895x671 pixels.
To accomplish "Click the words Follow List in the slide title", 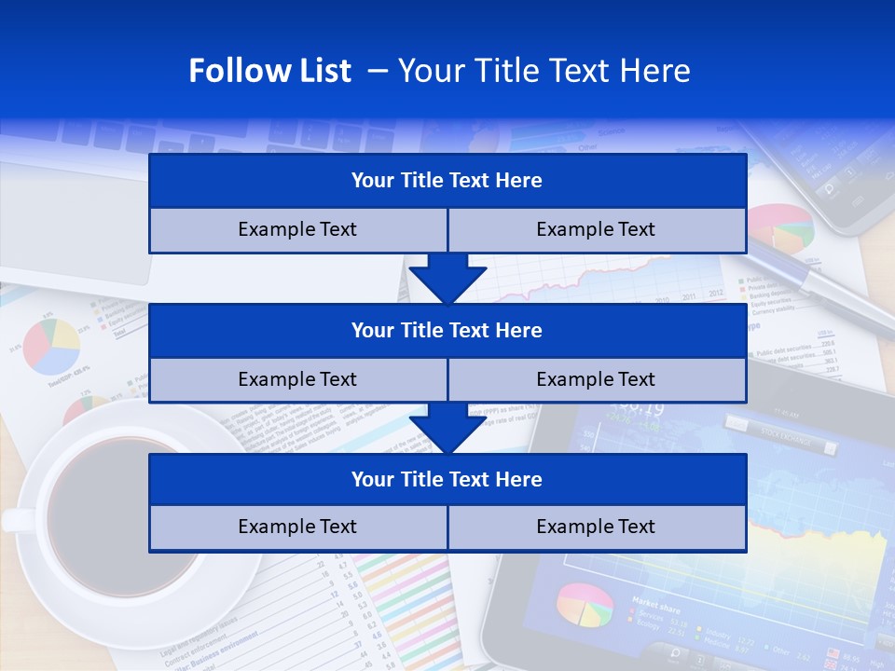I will point(269,71).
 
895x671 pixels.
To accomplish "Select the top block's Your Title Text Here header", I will point(447,181).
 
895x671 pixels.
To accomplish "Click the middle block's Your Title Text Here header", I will point(447,330).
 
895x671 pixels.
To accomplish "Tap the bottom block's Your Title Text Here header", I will point(447,479).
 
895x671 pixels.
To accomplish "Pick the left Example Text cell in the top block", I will point(297,229).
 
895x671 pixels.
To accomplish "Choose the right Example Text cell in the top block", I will point(596,229).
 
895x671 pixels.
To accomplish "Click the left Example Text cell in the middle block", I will point(297,379).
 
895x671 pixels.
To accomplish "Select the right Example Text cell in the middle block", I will point(596,379).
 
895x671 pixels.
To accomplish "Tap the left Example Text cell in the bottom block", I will point(297,527).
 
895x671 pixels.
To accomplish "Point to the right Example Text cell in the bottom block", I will point(596,527).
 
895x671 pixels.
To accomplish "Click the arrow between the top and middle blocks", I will point(447,279).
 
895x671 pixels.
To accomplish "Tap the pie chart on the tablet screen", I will point(585,606).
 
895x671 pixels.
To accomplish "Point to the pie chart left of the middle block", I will point(51,345).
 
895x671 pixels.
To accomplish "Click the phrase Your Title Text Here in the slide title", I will point(544,71).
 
